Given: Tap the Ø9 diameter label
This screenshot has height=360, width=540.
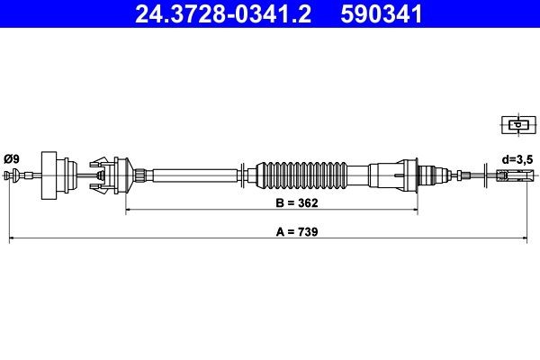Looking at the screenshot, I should pyautogui.click(x=12, y=159).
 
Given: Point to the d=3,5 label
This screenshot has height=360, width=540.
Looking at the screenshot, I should pyautogui.click(x=516, y=158).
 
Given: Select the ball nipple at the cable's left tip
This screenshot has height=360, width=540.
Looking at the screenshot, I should pyautogui.click(x=12, y=175).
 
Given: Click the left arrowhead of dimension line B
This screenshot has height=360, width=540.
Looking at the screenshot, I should pyautogui.click(x=129, y=211).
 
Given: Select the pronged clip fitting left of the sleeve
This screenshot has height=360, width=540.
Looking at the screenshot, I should pyautogui.click(x=109, y=173).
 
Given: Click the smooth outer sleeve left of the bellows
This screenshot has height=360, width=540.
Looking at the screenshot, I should pyautogui.click(x=193, y=173).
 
